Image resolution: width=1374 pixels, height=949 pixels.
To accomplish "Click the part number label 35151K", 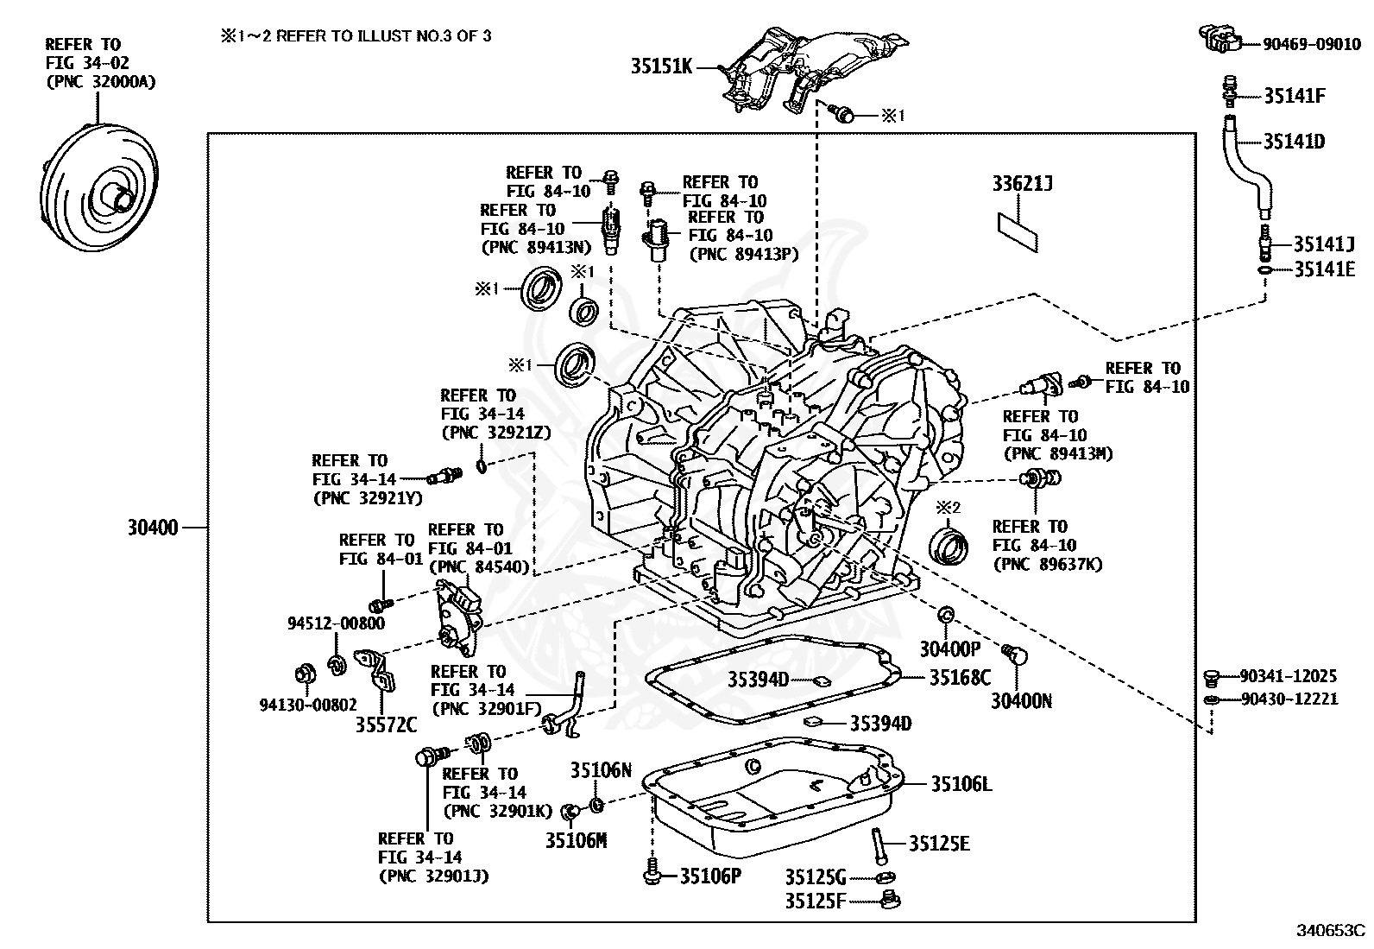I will point(661,66).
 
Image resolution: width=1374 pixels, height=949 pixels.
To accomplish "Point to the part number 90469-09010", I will point(1312,44).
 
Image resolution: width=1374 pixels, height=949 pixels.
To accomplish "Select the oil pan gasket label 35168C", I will point(960,678).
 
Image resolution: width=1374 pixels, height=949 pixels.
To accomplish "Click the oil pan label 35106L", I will point(961,784).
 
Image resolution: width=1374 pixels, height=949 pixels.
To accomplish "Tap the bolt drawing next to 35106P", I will point(652,874).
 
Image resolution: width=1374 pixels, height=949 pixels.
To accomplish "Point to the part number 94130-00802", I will point(308,705).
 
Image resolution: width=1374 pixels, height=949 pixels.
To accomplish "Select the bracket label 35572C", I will point(386,724).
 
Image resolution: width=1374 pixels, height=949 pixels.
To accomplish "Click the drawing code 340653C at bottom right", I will point(1331,931).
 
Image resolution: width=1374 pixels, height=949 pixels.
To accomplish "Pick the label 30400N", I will point(1021,701).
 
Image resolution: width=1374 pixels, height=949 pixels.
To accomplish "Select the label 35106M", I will point(577,839).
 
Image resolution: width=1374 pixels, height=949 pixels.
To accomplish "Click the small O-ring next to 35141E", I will point(1264,270).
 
